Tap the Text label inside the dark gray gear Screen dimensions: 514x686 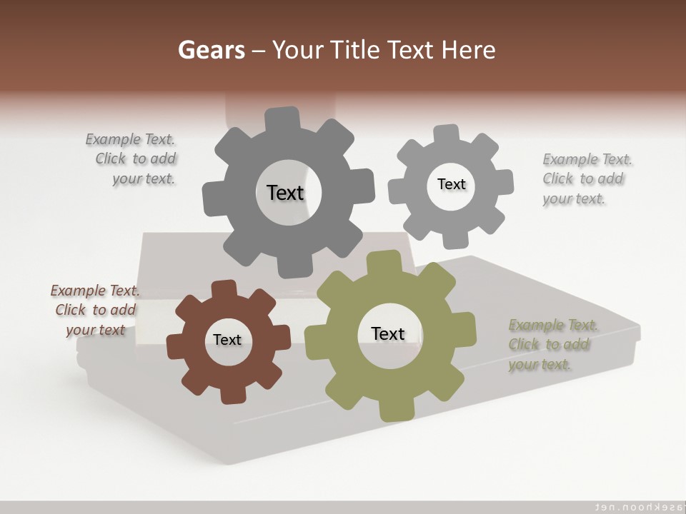(285, 193)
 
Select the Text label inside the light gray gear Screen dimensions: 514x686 (451, 184)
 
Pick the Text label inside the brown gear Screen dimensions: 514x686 (227, 340)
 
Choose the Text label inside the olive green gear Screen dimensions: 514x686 (388, 333)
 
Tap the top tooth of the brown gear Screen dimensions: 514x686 (224, 288)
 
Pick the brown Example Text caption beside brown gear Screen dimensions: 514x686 (95, 310)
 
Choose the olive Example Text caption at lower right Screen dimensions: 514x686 (552, 344)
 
